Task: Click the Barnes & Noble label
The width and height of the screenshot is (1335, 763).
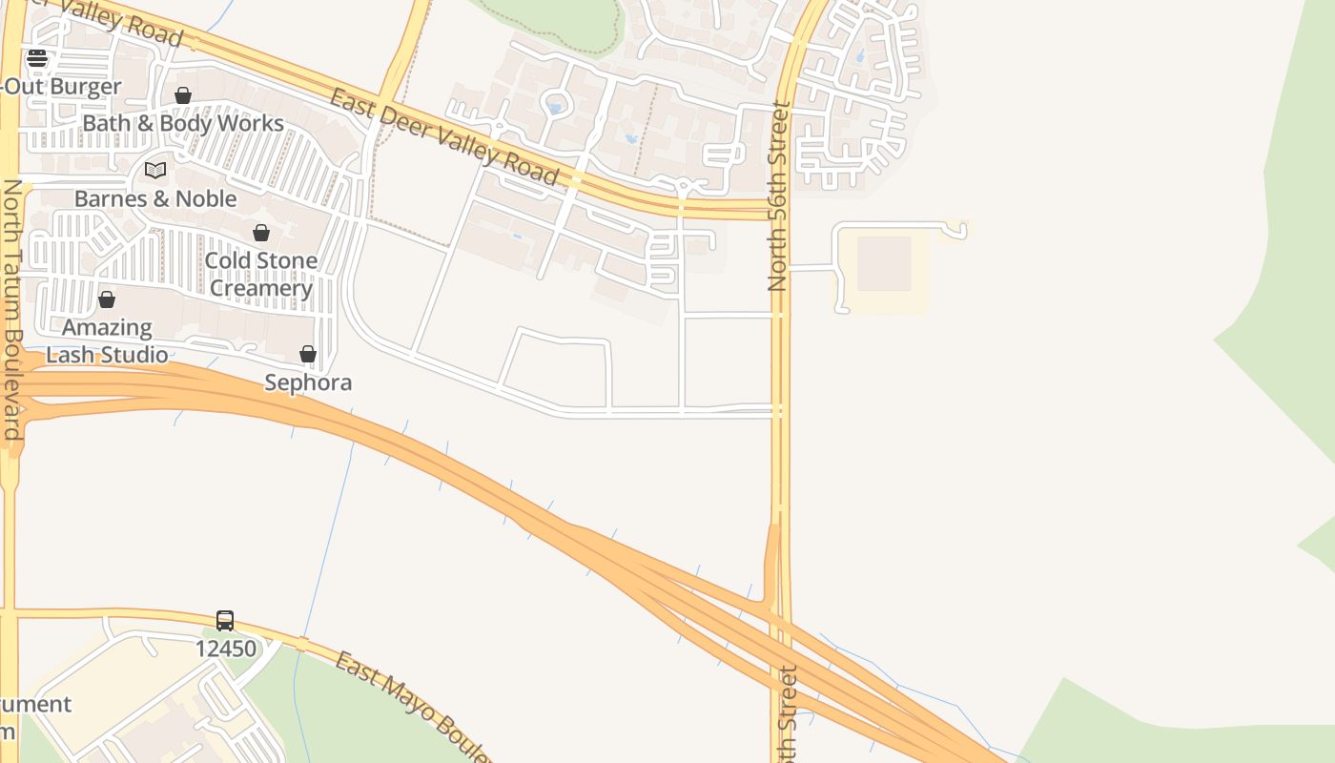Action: click(x=155, y=198)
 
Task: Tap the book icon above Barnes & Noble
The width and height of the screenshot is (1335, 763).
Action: click(x=155, y=171)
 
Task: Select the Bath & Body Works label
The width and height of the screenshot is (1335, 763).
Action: click(x=183, y=123)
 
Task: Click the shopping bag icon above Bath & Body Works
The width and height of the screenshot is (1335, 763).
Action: click(x=183, y=95)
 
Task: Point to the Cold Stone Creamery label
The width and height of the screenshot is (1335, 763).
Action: click(x=261, y=274)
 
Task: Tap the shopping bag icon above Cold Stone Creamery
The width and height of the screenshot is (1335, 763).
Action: click(x=261, y=233)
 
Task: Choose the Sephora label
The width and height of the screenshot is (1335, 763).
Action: click(x=308, y=382)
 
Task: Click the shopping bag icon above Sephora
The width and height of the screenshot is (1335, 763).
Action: click(x=308, y=355)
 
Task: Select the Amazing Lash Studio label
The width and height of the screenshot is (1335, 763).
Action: click(x=107, y=340)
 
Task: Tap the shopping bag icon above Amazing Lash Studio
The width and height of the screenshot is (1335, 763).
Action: click(x=107, y=299)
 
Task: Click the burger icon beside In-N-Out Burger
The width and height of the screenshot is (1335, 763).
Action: click(x=37, y=58)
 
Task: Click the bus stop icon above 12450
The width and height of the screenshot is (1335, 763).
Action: click(x=225, y=621)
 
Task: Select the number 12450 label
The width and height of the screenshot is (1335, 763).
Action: click(x=226, y=649)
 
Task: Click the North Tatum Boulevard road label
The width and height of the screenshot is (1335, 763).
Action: click(x=12, y=310)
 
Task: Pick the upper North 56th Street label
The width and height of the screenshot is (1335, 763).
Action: click(x=779, y=196)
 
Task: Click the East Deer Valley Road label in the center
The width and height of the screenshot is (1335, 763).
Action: click(x=443, y=136)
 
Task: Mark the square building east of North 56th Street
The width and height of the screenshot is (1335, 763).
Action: click(x=884, y=263)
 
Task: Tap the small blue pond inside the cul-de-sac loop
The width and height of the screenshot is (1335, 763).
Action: click(x=554, y=108)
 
